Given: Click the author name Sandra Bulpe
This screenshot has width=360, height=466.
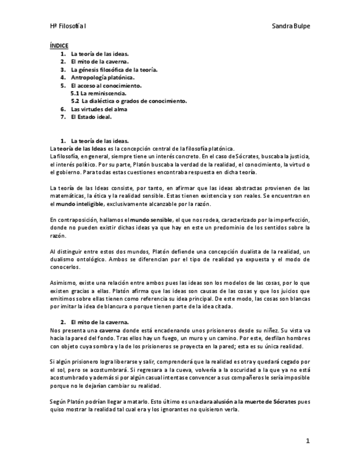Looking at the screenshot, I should pos(291,26).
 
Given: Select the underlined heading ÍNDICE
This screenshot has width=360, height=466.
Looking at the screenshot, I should pos(59,47).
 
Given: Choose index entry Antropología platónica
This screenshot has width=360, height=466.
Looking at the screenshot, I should pos(103,77).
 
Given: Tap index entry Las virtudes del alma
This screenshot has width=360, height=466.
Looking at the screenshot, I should pos(99,109).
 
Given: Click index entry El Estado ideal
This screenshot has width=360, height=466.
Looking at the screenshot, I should pos(92,116).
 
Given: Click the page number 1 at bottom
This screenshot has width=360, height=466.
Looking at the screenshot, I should pos(308,441).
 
